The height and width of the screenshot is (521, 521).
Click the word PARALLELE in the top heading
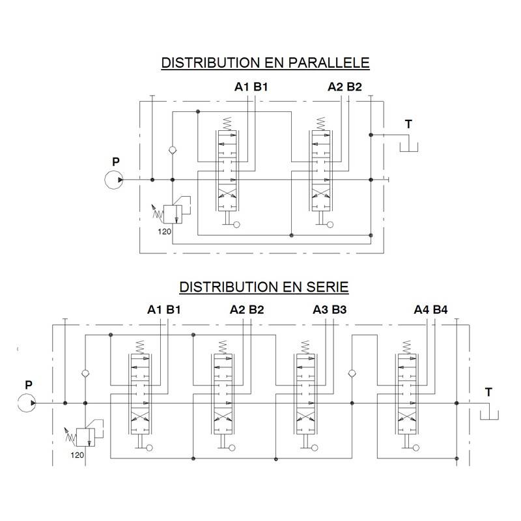pyautogui.click(x=329, y=63)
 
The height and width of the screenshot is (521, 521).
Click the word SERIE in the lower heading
pyautogui.click(x=327, y=287)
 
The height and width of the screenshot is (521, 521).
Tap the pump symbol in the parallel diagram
pyautogui.click(x=113, y=180)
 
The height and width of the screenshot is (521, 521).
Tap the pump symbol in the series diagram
pyautogui.click(x=27, y=403)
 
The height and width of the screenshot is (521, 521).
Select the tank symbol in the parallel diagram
pyautogui.click(x=409, y=147)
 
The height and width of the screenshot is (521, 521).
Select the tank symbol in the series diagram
pyautogui.click(x=489, y=415)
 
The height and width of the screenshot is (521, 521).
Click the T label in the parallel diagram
pyautogui.click(x=408, y=124)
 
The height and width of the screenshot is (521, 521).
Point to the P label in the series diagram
pyautogui.click(x=29, y=385)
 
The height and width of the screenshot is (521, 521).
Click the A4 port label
pyautogui.click(x=421, y=310)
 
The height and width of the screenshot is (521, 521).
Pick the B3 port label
pyautogui.click(x=339, y=310)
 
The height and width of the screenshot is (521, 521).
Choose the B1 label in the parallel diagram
pyautogui.click(x=260, y=87)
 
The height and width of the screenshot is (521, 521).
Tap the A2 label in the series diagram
pyautogui.click(x=237, y=310)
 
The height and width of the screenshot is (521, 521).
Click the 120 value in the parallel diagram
pyautogui.click(x=165, y=232)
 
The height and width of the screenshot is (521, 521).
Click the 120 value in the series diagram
pyautogui.click(x=77, y=455)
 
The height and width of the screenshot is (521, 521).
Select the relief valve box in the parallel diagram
pyautogui.click(x=173, y=214)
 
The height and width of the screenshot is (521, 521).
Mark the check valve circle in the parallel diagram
pyautogui.click(x=173, y=150)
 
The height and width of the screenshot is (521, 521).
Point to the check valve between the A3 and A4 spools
pyautogui.click(x=352, y=373)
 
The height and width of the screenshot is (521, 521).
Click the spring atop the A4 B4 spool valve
pyautogui.click(x=406, y=347)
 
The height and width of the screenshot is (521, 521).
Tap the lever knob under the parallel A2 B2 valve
pyautogui.click(x=330, y=225)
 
